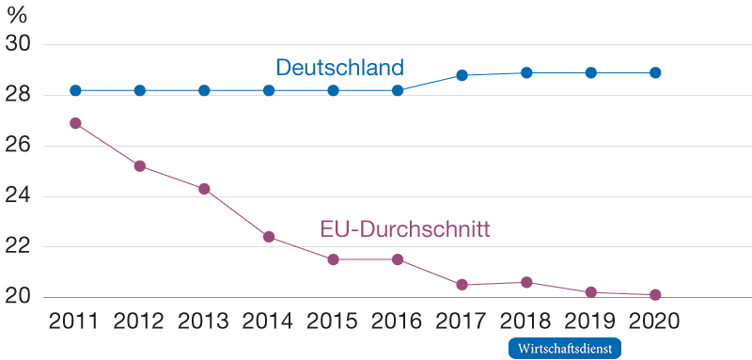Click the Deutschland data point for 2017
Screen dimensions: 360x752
[462, 75]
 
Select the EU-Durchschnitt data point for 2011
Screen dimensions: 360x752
[75, 123]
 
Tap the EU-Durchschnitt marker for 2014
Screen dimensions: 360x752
[269, 237]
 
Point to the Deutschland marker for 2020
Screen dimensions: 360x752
[655, 72]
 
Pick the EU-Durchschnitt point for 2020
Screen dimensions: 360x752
[655, 294]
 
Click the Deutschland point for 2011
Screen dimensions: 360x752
[75, 90]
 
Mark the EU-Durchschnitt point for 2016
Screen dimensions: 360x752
[398, 259]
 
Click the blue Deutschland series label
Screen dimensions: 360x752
[339, 68]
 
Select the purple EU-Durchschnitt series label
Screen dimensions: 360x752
[407, 228]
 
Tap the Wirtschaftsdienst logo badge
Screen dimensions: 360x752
[565, 348]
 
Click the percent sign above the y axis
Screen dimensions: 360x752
[16, 16]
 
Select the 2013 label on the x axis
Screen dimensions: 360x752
[204, 322]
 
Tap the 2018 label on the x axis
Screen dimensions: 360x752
[526, 322]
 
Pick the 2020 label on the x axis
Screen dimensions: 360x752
[655, 322]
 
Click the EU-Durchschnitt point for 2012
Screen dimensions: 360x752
[140, 165]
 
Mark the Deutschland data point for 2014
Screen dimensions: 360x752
[269, 90]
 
